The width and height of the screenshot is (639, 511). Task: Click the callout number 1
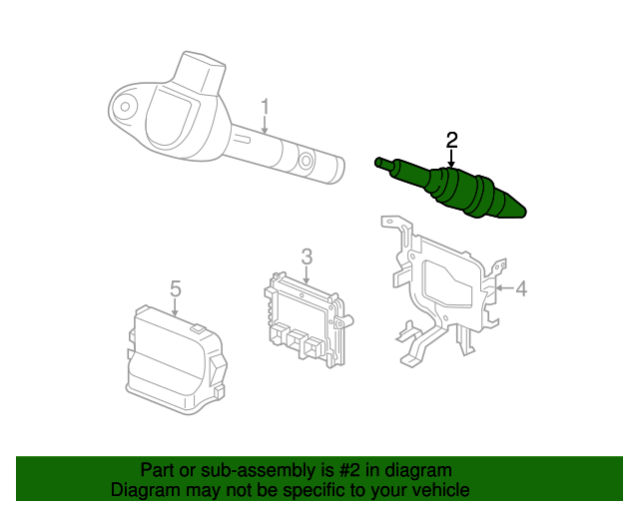pyautogui.click(x=265, y=107)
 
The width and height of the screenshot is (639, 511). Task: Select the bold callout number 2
pyautogui.click(x=452, y=140)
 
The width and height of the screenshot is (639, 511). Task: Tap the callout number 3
pyautogui.click(x=307, y=256)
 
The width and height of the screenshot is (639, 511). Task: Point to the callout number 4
pyautogui.click(x=521, y=288)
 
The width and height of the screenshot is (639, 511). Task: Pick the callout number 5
pyautogui.click(x=176, y=288)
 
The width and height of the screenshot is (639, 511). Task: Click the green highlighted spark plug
pyautogui.click(x=450, y=188)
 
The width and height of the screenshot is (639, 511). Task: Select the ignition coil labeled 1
pyautogui.click(x=227, y=118)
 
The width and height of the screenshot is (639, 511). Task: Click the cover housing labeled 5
pyautogui.click(x=176, y=360)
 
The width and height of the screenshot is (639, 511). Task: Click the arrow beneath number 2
pyautogui.click(x=451, y=159)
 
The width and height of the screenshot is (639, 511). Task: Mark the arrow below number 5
pyautogui.click(x=175, y=307)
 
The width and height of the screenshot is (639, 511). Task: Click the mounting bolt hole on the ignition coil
pyautogui.click(x=126, y=107)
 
